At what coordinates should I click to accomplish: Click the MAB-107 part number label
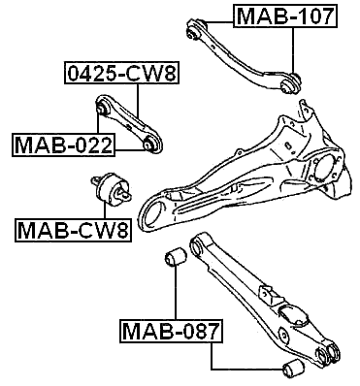point(285,16)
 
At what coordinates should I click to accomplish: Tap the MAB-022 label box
point(63,145)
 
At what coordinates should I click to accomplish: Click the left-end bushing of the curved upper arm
point(197,34)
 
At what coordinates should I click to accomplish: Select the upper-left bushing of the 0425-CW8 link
point(107,106)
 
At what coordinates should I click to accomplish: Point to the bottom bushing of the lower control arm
point(289,369)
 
